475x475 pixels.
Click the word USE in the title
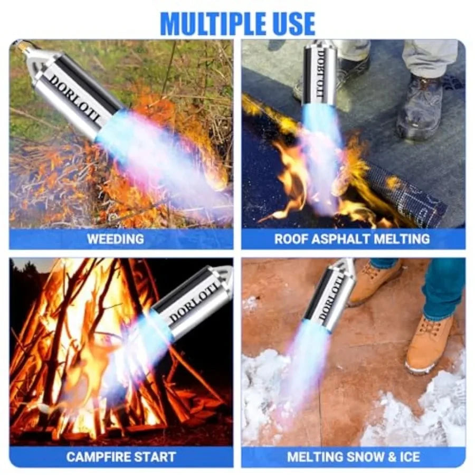tap(292, 24)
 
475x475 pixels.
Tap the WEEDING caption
tap(116, 239)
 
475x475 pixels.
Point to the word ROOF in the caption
tap(291, 239)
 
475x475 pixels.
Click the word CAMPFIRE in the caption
tap(99, 457)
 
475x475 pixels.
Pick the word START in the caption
tap(156, 457)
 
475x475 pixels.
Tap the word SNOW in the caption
tap(365, 457)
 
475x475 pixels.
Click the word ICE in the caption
tap(410, 457)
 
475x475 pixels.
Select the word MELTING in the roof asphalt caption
tap(402, 239)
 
